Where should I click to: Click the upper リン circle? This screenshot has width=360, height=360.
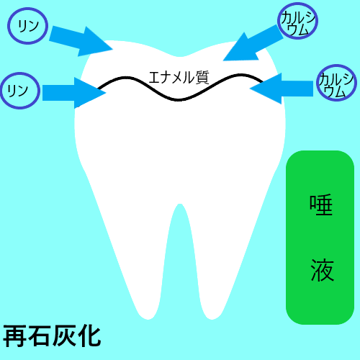tap(27, 8)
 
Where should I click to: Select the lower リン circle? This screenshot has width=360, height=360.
tap(20, 73)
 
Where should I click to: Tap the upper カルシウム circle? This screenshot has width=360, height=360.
tap(297, 3)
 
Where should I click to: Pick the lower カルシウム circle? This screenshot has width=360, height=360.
tap(336, 65)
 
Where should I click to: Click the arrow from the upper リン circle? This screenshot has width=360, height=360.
tap(81, 41)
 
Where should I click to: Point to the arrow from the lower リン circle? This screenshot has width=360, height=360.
tap(74, 93)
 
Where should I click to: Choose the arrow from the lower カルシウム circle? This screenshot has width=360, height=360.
tap(282, 89)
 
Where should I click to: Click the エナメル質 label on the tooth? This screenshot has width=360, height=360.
tap(179, 77)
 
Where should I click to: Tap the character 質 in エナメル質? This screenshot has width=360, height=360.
tap(202, 77)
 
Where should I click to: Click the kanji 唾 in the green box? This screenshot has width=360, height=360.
tap(321, 204)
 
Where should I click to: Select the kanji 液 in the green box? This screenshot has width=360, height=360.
tap(322, 270)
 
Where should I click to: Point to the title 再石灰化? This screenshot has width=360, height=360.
tap(52, 336)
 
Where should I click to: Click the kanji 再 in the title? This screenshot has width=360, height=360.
tap(15, 336)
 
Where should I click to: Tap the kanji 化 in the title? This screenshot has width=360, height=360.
tap(89, 336)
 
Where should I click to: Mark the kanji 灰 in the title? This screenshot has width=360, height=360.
tap(64, 336)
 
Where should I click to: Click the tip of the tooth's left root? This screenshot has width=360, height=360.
tap(148, 320)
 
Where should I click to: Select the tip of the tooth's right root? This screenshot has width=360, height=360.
tap(212, 320)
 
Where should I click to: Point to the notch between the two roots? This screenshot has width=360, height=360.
tap(180, 204)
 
